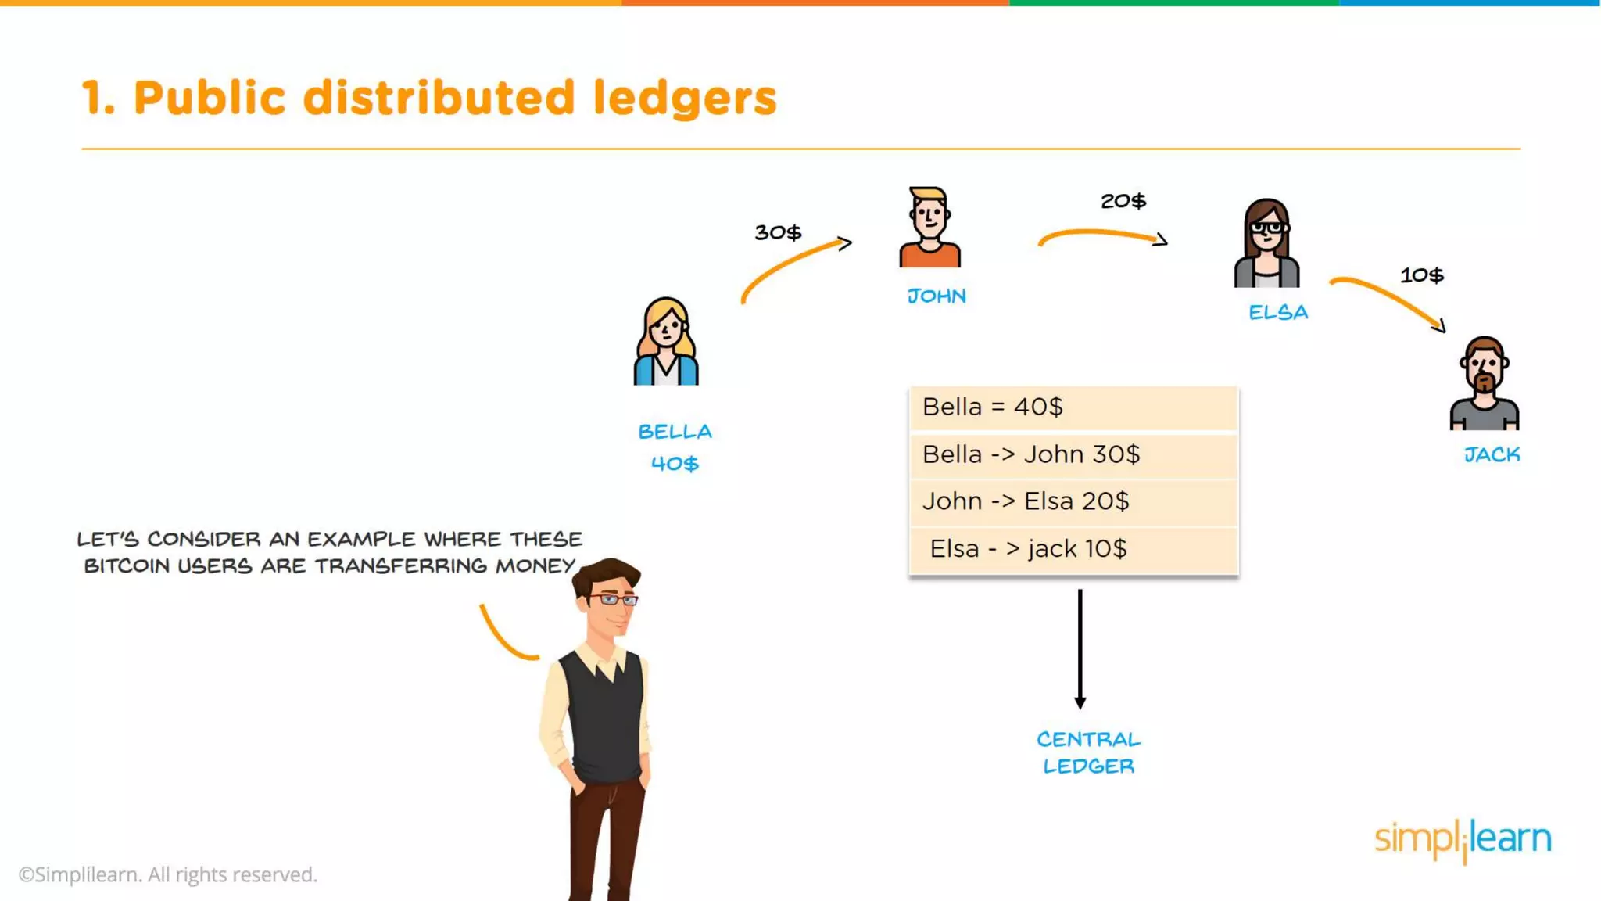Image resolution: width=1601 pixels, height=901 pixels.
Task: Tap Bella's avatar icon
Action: pos(666,342)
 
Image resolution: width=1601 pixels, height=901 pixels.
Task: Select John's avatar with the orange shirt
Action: pos(929,228)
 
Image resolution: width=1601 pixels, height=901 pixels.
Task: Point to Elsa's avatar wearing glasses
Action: pos(1267,243)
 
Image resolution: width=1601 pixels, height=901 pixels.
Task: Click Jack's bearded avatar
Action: pos(1484,383)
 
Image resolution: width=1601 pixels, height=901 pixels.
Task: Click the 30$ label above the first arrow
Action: pos(778,232)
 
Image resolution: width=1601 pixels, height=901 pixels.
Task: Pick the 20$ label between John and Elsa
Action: pos(1123,201)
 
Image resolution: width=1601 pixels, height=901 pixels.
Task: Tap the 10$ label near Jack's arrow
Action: pos(1421,275)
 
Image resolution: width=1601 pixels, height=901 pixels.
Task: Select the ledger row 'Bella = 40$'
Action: pos(1073,407)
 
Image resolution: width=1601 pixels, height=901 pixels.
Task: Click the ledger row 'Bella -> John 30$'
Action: pos(1073,455)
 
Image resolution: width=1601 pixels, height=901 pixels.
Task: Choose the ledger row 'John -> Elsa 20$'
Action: pos(1073,501)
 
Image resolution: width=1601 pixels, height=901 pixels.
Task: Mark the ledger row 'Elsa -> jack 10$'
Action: pos(1073,549)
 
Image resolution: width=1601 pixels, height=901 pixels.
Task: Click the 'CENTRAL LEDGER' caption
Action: pos(1088,752)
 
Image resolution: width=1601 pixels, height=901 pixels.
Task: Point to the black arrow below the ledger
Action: pos(1080,649)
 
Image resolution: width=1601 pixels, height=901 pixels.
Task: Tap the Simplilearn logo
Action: pos(1463,839)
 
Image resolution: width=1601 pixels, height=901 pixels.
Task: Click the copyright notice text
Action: pos(168,874)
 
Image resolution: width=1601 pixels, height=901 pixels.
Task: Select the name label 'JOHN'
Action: pos(937,296)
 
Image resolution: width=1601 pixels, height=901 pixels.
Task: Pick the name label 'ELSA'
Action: pos(1278,313)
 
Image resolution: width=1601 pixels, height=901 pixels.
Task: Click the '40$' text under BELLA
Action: pos(675,464)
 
